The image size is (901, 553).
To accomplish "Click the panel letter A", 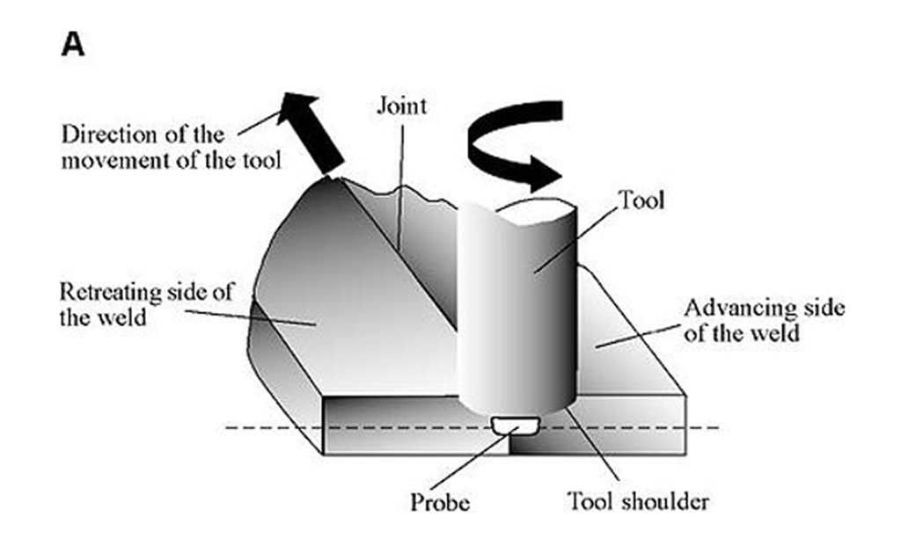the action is [x=73, y=44].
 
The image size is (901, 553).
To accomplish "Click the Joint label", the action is [x=401, y=106].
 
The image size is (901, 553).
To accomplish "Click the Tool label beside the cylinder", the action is [x=641, y=200].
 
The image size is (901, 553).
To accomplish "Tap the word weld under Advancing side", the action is [x=776, y=333].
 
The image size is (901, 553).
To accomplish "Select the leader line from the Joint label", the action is [x=401, y=186].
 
